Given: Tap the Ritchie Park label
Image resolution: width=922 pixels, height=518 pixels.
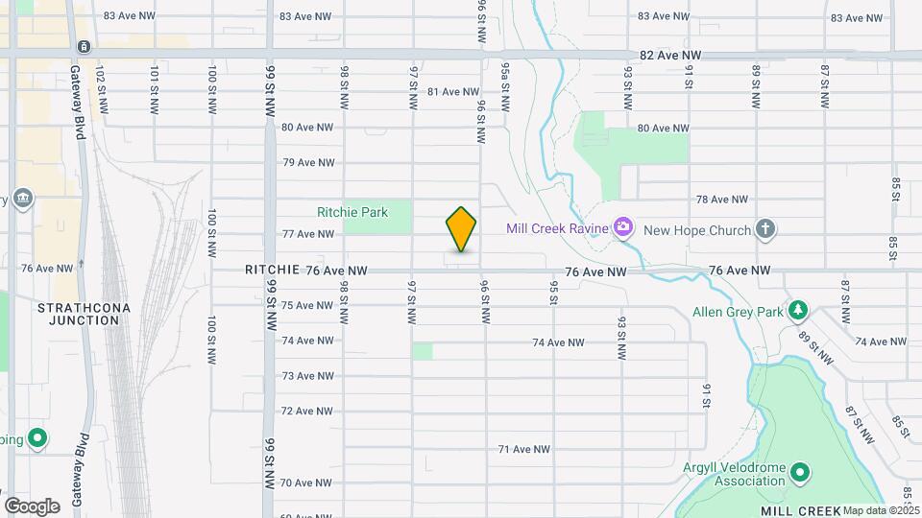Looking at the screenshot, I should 352,212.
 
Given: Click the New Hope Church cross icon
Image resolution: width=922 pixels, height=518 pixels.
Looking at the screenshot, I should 764,228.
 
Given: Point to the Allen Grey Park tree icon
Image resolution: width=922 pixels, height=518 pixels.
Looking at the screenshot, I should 797,311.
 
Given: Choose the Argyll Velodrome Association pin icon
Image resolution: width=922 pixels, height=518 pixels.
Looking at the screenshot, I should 800,471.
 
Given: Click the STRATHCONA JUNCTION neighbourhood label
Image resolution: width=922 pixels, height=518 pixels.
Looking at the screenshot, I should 77,314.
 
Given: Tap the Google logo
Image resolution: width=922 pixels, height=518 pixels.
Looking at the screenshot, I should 32,506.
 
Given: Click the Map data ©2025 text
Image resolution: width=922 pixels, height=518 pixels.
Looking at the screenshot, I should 881,510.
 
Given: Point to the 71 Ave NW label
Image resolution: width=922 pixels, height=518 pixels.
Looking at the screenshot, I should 524,449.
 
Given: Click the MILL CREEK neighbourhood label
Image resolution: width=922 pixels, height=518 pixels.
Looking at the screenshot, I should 802,510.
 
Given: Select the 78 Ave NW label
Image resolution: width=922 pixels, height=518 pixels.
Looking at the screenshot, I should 721,200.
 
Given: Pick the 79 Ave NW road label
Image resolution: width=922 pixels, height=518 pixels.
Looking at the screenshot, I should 307,163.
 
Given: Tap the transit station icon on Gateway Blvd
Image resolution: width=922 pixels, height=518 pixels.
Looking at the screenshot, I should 85,46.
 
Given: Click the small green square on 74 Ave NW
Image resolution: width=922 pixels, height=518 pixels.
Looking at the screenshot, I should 423,351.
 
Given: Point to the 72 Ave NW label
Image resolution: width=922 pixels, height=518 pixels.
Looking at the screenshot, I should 307,411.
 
